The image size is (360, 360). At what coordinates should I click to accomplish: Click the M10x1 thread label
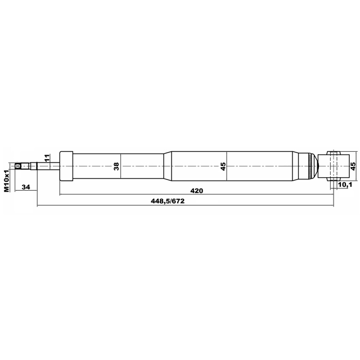[x=7, y=181]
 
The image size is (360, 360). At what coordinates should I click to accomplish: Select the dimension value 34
[x=26, y=187]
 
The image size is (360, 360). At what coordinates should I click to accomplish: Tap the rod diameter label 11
[x=47, y=158]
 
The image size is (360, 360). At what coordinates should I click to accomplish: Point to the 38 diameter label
[x=116, y=166]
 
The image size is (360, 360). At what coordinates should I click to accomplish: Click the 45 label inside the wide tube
[x=223, y=166]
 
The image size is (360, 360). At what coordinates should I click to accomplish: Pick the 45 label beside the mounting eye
[x=353, y=166]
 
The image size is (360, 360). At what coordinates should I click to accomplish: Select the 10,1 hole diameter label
[x=345, y=184]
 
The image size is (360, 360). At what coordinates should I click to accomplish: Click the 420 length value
[x=197, y=191]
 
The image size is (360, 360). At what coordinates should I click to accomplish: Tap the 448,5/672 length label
[x=168, y=201]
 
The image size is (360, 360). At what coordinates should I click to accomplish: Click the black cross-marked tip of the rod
[x=17, y=166]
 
